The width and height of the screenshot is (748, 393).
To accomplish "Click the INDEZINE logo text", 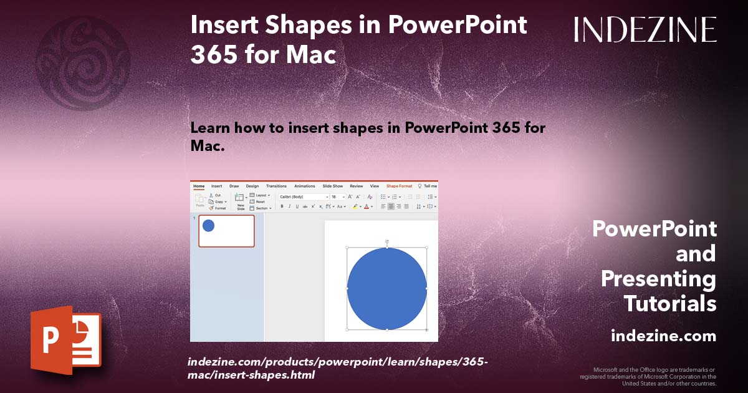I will (645, 29).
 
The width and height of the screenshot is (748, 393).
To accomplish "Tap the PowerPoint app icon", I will (65, 340).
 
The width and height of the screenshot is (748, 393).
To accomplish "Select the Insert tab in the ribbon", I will (216, 186).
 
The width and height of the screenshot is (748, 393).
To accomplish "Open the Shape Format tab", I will (399, 186).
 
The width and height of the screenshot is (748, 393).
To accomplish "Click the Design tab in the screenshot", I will (252, 186).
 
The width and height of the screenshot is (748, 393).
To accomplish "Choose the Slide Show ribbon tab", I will (332, 186).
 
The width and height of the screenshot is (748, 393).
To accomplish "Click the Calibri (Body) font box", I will (302, 196).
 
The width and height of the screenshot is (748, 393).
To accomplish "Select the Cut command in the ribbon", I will (218, 195).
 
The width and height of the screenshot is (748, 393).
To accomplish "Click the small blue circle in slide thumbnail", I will (208, 226).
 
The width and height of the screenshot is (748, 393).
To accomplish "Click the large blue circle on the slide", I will (386, 288).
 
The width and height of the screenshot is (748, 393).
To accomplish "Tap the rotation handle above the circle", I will (387, 241).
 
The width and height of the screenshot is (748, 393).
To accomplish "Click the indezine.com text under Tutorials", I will (663, 336).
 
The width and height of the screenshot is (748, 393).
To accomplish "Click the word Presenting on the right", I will (658, 279).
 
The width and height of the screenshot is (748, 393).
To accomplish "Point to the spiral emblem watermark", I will (83, 63).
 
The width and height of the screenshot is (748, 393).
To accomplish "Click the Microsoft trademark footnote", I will (648, 376).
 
